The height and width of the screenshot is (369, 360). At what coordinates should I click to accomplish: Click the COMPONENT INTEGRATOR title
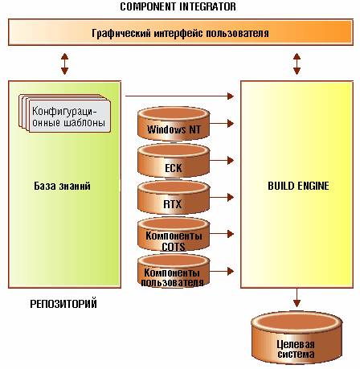click(x=178, y=6)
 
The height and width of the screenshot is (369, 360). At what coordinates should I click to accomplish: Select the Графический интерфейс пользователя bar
click(x=181, y=32)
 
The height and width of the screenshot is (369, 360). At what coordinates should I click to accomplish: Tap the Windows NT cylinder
click(x=174, y=124)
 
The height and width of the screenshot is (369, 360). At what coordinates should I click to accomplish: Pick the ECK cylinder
click(x=174, y=161)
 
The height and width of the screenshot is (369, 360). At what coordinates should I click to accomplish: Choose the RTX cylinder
click(x=174, y=198)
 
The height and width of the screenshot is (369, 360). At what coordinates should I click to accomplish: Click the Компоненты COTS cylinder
click(x=174, y=235)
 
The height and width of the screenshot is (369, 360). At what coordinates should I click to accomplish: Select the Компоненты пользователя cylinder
click(x=174, y=271)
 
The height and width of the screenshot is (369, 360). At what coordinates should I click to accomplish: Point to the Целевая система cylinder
click(x=297, y=338)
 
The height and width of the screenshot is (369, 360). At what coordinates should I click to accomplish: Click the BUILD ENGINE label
click(x=298, y=186)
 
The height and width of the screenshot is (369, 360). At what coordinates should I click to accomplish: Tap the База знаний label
click(x=62, y=186)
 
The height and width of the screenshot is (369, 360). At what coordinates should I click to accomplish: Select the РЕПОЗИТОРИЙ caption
click(x=63, y=304)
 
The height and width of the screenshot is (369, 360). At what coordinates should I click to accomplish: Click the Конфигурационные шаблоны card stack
click(x=64, y=113)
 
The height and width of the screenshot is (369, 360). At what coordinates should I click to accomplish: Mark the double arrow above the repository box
click(x=64, y=64)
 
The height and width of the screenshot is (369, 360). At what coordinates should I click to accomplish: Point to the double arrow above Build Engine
click(x=297, y=64)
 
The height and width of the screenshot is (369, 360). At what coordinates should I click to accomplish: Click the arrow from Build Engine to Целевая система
click(x=297, y=297)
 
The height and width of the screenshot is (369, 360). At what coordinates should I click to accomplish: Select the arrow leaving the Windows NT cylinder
click(x=222, y=124)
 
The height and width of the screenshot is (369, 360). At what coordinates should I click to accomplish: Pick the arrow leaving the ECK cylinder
click(x=222, y=161)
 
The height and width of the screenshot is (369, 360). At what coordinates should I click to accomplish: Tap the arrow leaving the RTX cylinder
click(x=222, y=198)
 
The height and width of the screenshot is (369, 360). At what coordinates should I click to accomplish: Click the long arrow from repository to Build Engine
click(x=179, y=96)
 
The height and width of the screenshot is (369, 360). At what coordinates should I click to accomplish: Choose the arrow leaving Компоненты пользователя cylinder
click(x=222, y=271)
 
